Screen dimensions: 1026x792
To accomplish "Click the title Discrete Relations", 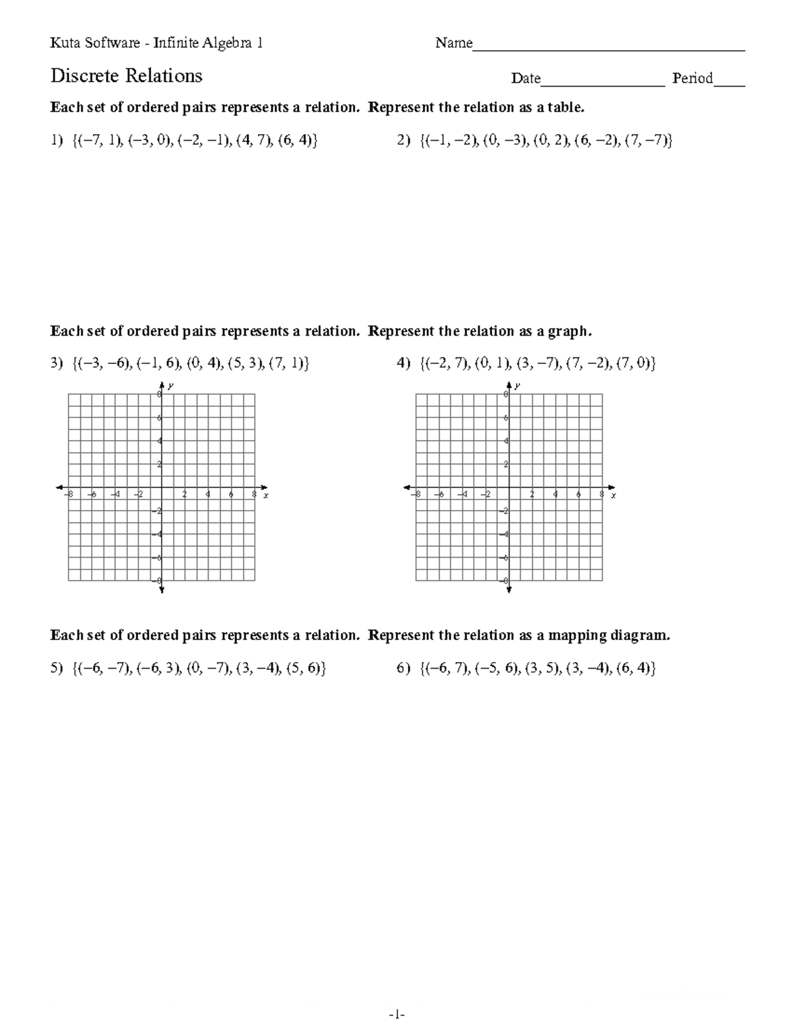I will click(x=126, y=76).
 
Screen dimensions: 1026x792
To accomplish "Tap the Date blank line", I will click(x=603, y=83).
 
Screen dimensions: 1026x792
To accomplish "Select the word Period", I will click(x=692, y=79).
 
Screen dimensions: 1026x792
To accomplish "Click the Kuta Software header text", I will click(x=156, y=44).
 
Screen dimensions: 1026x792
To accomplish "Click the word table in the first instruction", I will click(x=566, y=108).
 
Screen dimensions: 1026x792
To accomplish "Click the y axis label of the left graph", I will click(x=171, y=385).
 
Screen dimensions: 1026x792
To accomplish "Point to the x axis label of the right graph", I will click(x=613, y=495).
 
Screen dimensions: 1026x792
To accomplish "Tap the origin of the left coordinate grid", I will click(x=162, y=488).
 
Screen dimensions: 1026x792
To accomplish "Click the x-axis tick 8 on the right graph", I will click(x=601, y=494).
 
